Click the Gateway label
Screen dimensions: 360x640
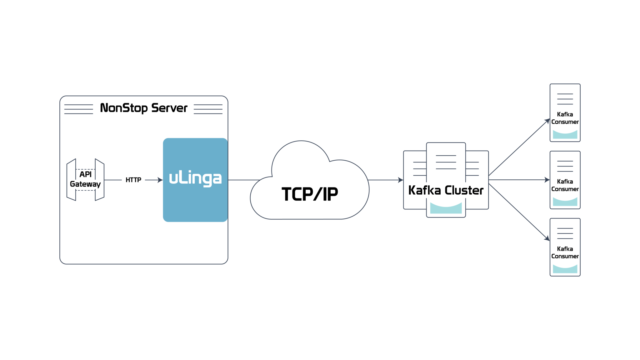(85, 184)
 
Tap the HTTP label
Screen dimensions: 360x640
(133, 180)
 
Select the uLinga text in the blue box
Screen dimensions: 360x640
(195, 179)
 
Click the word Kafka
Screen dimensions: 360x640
(424, 190)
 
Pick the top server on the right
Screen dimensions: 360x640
(565, 112)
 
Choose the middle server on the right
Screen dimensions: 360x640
(565, 180)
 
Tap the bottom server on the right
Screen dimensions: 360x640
(565, 247)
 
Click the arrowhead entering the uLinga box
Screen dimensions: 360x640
(160, 180)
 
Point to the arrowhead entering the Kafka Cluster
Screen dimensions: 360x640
(401, 180)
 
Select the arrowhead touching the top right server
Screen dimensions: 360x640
(547, 121)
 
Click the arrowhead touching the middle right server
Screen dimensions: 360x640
(547, 180)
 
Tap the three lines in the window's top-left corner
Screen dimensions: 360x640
(79, 109)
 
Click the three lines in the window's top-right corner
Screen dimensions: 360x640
(208, 109)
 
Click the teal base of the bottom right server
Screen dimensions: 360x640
(565, 270)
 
